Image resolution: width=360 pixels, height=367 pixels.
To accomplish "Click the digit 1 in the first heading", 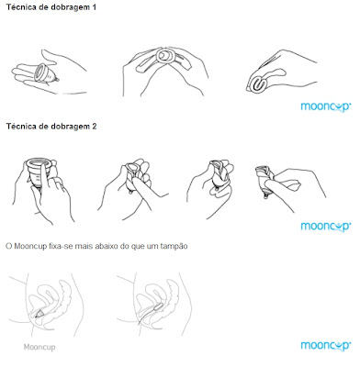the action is tap(94, 7).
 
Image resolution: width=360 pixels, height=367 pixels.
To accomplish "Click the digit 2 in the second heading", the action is tap(94, 127).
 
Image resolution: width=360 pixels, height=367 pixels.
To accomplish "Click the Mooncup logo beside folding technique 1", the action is tap(326, 106).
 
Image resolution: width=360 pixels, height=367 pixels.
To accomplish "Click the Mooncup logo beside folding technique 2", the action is tap(326, 227).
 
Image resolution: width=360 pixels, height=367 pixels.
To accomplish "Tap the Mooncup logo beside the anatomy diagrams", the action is tap(326, 346).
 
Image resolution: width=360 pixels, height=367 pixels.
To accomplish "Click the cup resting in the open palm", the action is tap(46, 72).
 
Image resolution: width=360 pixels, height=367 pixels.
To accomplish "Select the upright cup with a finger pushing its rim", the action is tap(38, 172).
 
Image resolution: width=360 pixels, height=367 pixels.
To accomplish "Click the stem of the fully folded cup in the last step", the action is tap(266, 195).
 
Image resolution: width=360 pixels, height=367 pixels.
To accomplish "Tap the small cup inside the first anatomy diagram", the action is tap(39, 313).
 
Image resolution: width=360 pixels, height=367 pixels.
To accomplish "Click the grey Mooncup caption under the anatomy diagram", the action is tap(39, 347).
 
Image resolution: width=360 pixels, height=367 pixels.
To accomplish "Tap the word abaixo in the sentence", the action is tap(107, 246).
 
